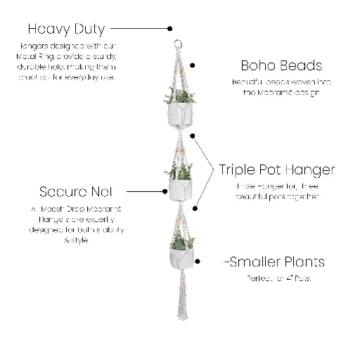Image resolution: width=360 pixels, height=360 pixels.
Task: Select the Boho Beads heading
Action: tap(271, 65)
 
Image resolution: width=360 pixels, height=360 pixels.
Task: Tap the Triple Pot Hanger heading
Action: tap(276, 169)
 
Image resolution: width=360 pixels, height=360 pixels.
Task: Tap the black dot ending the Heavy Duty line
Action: tap(170, 29)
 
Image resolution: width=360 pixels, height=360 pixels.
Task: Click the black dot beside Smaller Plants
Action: tap(199, 262)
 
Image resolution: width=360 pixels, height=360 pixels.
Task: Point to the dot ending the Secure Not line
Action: tap(167, 191)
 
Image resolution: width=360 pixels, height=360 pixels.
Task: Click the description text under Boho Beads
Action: tap(271, 87)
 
